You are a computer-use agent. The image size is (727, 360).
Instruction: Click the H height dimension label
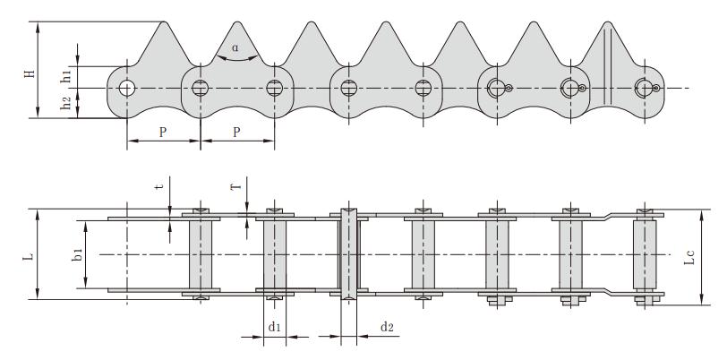[x=29, y=70]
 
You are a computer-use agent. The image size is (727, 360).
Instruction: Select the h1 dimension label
[x=66, y=75]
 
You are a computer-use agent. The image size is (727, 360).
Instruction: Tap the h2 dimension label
[x=66, y=104]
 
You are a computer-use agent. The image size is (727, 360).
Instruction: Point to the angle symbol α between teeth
[x=235, y=47]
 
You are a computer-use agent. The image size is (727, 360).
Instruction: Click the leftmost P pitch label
[x=163, y=132]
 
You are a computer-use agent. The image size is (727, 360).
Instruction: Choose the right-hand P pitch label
[x=237, y=132]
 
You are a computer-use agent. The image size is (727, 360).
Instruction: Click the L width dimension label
[x=29, y=256]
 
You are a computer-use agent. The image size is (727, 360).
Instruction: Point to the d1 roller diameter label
[x=275, y=327]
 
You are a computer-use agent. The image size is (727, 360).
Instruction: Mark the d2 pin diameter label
[x=387, y=327]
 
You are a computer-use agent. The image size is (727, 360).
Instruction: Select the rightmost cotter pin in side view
[x=657, y=88]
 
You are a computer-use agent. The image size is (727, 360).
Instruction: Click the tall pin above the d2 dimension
[x=348, y=255]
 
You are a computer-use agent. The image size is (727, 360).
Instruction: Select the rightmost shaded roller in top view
[x=643, y=255]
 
